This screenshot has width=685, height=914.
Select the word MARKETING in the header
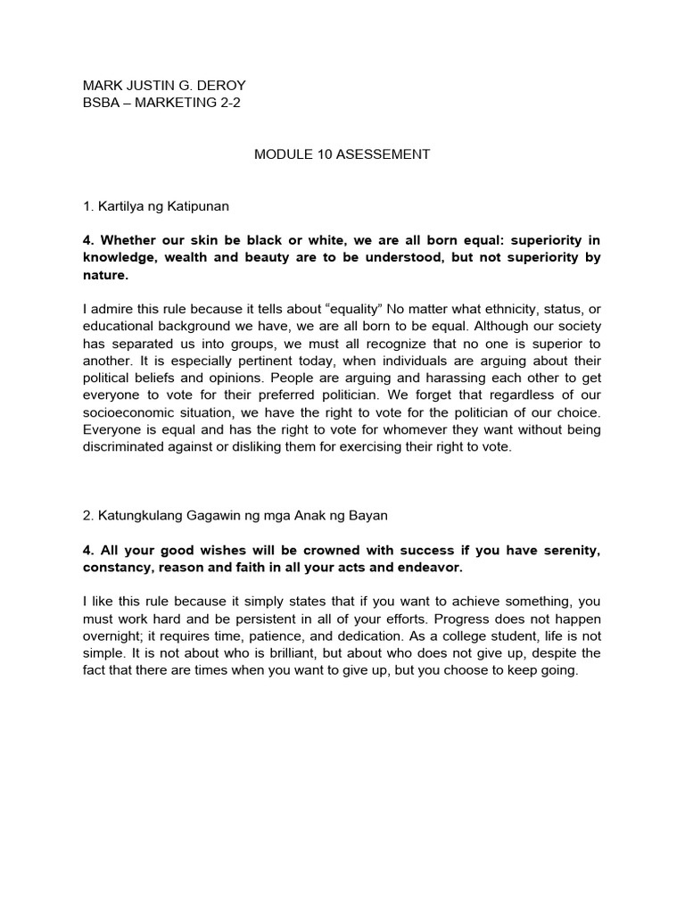[179, 103]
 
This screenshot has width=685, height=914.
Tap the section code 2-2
[228, 103]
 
